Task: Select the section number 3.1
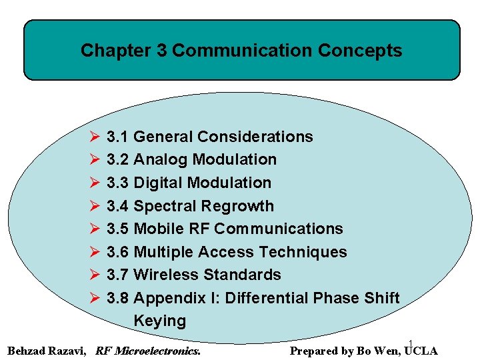click(x=117, y=137)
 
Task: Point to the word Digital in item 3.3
click(x=159, y=183)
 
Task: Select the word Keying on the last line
click(x=160, y=321)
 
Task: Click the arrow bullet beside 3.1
click(x=93, y=137)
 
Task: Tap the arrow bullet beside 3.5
click(x=93, y=229)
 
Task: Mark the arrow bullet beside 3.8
click(x=93, y=298)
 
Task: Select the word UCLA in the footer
click(x=420, y=351)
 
